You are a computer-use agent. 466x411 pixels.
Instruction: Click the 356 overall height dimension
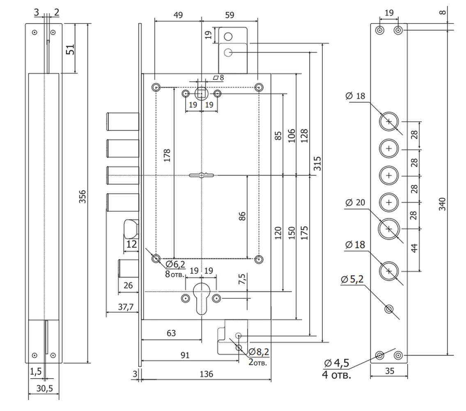click(83, 196)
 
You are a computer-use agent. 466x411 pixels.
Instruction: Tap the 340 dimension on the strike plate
click(442, 204)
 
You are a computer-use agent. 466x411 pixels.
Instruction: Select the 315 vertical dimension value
click(317, 164)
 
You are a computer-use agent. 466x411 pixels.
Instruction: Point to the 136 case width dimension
click(206, 374)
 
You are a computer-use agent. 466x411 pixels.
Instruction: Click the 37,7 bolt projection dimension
click(126, 307)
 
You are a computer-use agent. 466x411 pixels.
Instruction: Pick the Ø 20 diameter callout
click(356, 203)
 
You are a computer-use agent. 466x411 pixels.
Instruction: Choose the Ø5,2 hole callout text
click(352, 279)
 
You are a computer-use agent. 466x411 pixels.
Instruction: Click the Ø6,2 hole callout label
click(175, 264)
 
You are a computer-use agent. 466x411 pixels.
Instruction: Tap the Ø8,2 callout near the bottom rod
click(259, 352)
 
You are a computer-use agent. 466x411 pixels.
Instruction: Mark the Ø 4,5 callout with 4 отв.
click(337, 368)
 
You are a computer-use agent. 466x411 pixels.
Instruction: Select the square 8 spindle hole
click(202, 94)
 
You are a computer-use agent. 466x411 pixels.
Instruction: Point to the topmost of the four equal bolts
click(123, 121)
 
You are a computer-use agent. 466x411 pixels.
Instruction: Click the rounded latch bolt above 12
click(131, 229)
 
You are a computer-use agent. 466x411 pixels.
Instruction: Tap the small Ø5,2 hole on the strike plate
click(389, 309)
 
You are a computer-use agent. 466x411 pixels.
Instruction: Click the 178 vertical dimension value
click(167, 155)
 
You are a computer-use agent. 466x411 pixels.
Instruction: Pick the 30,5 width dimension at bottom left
click(45, 388)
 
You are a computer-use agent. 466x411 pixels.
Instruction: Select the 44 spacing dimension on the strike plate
click(414, 248)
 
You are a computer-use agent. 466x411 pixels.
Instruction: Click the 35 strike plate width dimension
click(389, 371)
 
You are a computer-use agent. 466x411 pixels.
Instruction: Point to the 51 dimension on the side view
click(70, 49)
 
